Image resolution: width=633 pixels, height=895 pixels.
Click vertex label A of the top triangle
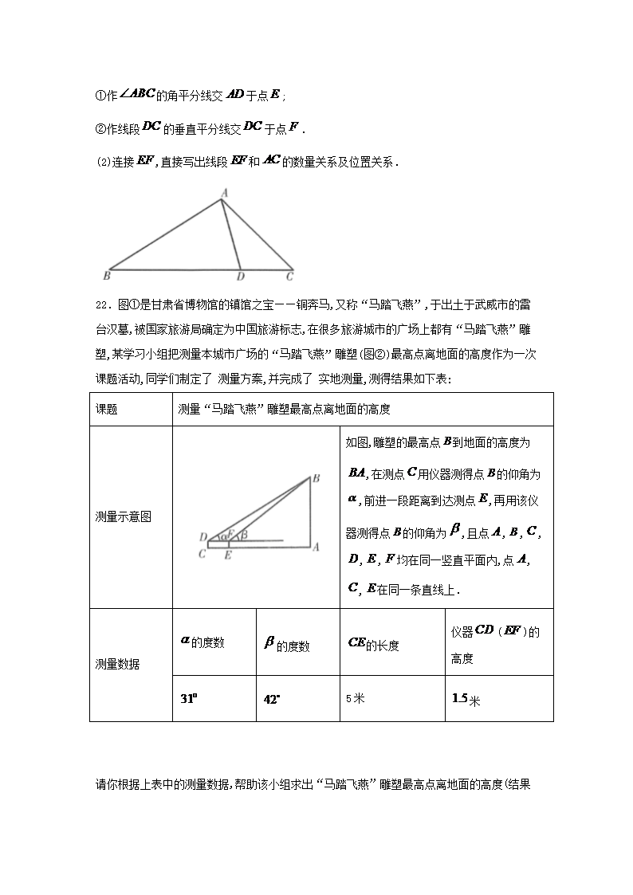224,192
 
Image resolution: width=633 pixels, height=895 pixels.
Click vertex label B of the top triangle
106,277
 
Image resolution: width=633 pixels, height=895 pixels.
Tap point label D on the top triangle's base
240,277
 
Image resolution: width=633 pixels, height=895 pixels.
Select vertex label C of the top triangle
290,277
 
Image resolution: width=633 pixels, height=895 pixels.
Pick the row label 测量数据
116,664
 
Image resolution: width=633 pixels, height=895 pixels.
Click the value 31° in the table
188,698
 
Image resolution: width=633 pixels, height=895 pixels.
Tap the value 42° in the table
272,699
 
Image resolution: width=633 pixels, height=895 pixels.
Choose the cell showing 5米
355,698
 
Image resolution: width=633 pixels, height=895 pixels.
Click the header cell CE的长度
374,644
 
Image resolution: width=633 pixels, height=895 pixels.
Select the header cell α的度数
202,642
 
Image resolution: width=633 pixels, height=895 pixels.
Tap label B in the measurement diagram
316,479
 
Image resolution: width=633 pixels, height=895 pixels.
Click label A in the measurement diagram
316,548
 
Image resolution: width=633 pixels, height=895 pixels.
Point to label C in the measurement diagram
202,554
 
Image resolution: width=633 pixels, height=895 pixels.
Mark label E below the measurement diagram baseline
228,555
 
